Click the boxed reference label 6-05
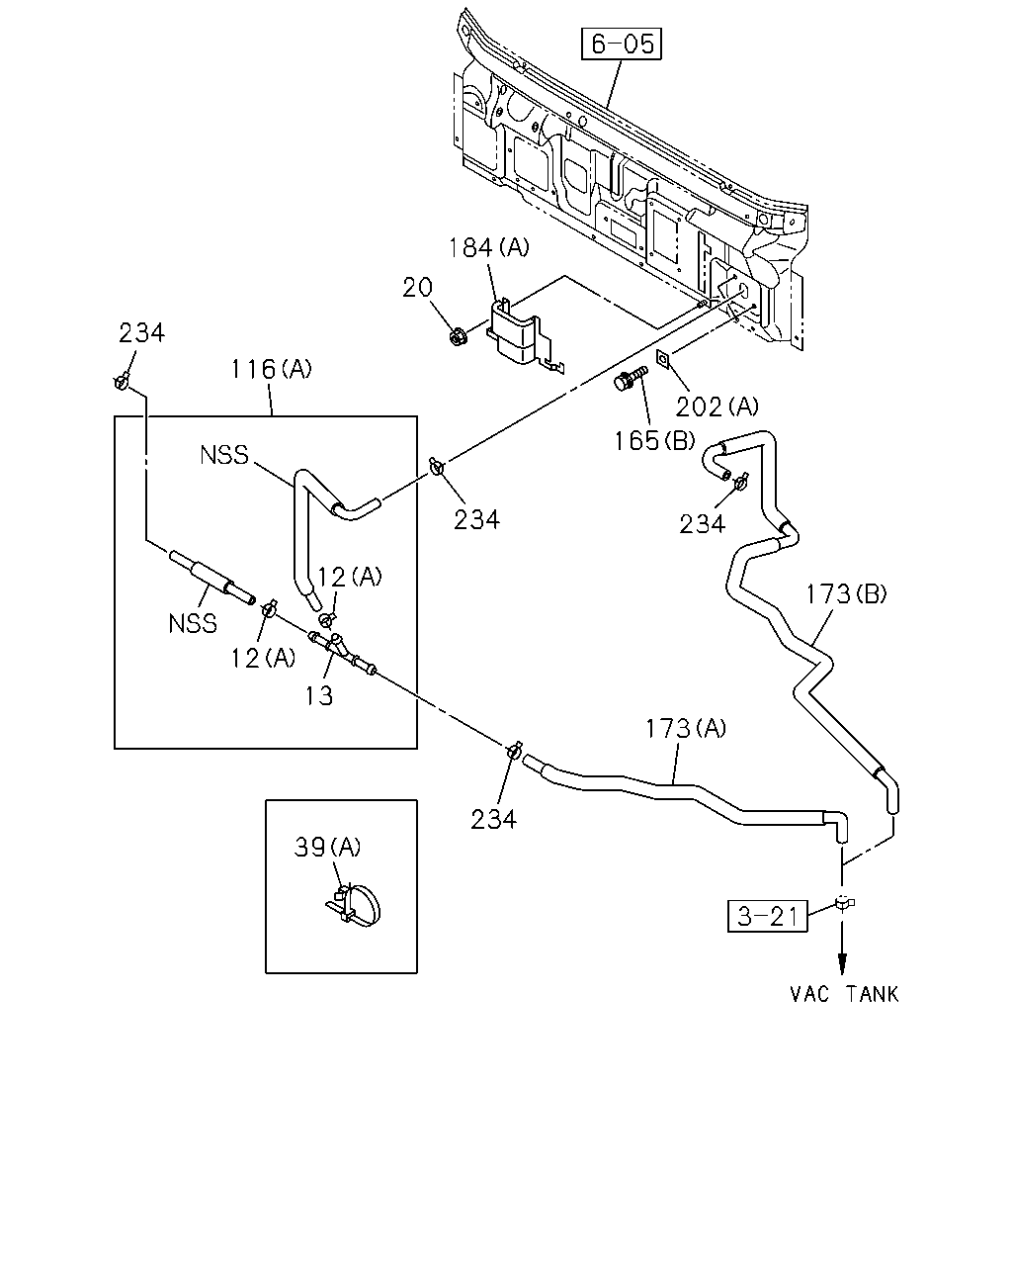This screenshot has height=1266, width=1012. point(621,44)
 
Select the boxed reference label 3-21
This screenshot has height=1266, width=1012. point(767,916)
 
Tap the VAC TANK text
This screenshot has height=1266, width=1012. point(844,994)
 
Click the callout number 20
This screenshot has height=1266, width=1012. point(417,288)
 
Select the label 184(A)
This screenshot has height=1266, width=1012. point(488,247)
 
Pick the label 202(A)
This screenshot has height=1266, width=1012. point(717,407)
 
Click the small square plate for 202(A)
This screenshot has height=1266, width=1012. point(663,359)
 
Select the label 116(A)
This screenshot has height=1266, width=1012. point(271,369)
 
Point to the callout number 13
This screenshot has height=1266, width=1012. point(318,695)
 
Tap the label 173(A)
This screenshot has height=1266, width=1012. point(686,729)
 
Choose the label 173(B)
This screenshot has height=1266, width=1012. point(846,594)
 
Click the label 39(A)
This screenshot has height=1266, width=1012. point(327,848)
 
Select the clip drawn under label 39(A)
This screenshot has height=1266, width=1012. point(354,907)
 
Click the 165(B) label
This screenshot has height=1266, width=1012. point(654,441)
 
